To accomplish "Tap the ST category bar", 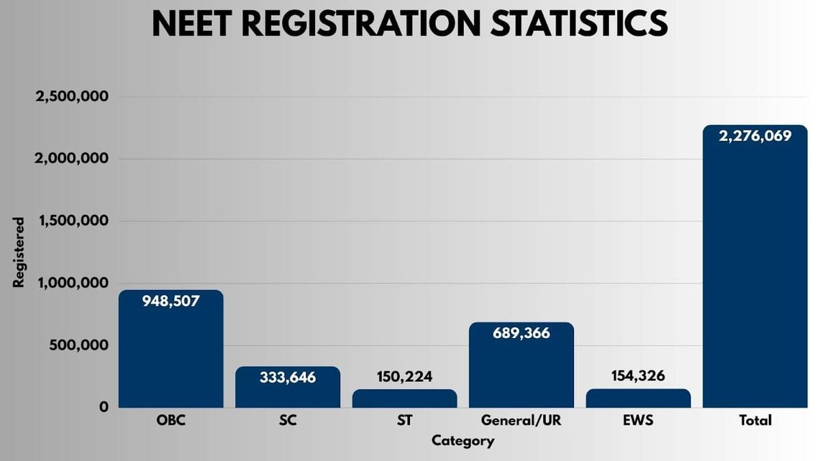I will [405, 399].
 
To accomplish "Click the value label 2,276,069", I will [755, 136].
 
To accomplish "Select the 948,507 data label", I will [171, 301].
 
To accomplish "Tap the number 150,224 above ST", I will [405, 376].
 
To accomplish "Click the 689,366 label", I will [521, 333].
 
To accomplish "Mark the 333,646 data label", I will [288, 377].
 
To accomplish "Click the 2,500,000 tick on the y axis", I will [72, 96].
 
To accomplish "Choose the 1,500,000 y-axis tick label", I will [72, 221].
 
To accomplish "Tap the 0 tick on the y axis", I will [104, 408].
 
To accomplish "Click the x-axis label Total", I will [755, 421].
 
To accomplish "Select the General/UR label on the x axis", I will [521, 421].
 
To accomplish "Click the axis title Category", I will [463, 441].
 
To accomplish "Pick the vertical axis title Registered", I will [19, 252].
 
